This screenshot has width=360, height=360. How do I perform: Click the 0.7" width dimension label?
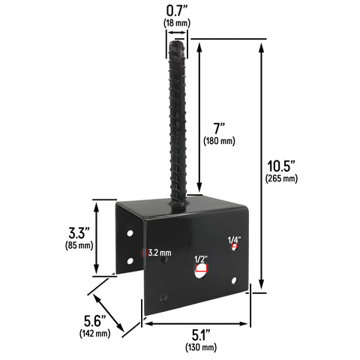[177, 10]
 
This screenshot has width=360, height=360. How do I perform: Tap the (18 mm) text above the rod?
[177, 23]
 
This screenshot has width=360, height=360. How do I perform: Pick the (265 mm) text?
[281, 178]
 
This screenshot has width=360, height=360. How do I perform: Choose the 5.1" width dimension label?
[200, 334]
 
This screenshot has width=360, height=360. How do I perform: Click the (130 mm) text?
[200, 347]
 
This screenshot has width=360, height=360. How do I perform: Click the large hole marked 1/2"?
[200, 273]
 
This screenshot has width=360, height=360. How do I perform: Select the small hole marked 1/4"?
[234, 246]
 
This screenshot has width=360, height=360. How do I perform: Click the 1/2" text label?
[200, 260]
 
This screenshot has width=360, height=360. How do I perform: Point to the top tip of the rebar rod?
[177, 43]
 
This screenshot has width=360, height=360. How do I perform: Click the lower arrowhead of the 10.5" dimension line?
[261, 289]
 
